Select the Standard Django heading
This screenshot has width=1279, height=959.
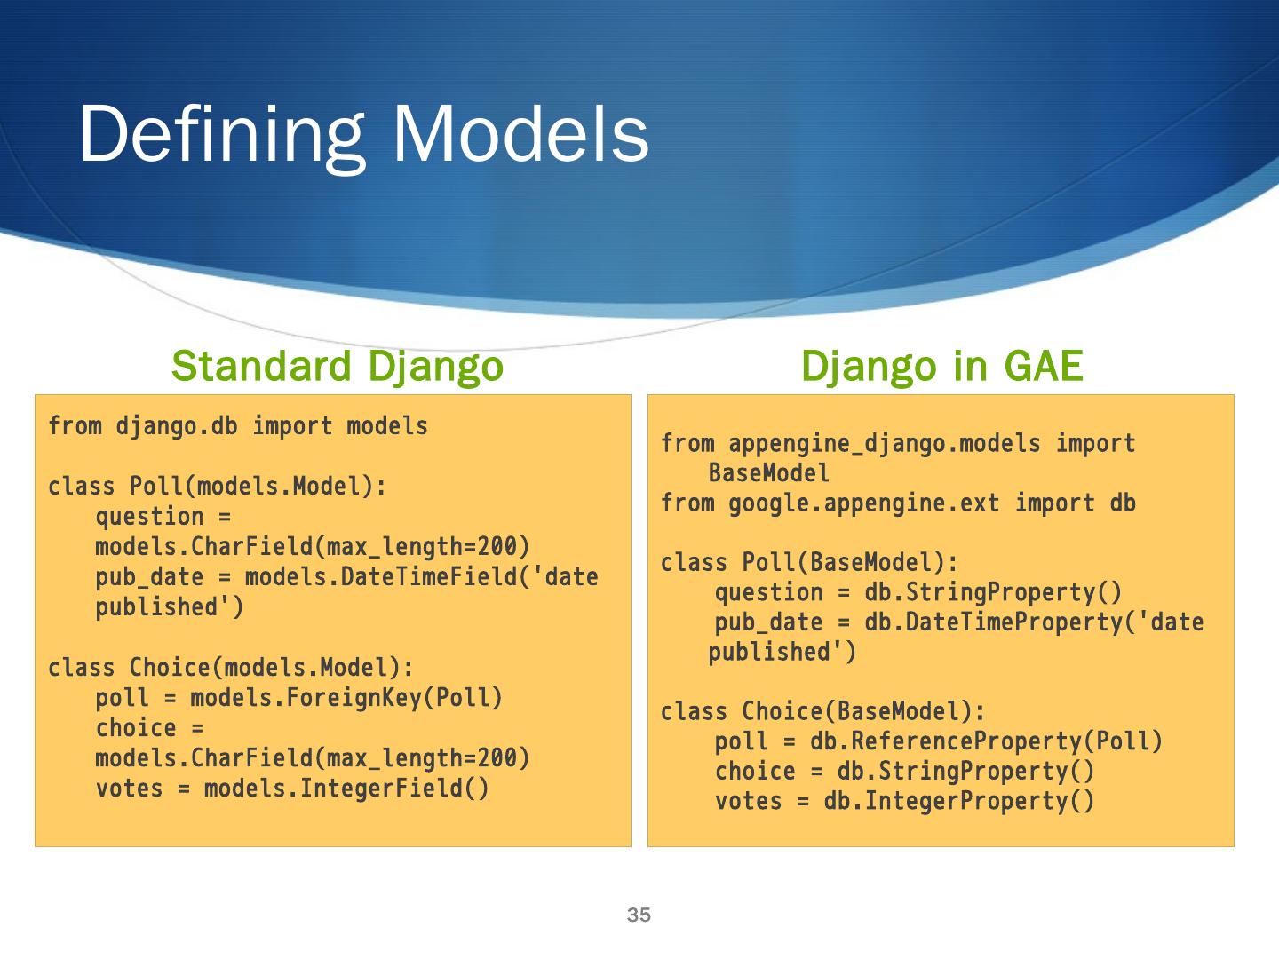point(338,366)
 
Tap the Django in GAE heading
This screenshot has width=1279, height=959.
point(941,366)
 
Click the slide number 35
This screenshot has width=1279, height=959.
point(639,915)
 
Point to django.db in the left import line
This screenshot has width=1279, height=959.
point(177,426)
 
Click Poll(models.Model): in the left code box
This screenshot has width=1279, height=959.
point(258,487)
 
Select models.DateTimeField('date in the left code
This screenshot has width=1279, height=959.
point(421,577)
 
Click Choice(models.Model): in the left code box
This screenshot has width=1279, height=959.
point(272,668)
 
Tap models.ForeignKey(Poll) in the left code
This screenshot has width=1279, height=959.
point(346,698)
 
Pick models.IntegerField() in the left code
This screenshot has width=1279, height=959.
point(346,789)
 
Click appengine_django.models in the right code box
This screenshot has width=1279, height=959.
point(885,443)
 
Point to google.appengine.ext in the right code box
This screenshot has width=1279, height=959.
point(864,503)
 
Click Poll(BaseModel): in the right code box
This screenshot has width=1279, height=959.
point(850,563)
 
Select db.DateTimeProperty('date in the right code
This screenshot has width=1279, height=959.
point(1034,622)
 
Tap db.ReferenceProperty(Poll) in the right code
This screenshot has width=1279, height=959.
point(986,741)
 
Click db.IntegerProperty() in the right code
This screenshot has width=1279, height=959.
point(959,801)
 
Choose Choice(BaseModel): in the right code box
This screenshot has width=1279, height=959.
point(863,711)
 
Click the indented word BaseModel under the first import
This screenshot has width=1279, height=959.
point(769,473)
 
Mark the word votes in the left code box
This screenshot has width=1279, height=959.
point(130,789)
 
